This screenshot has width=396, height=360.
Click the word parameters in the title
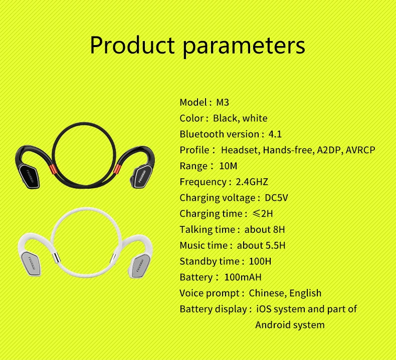pyautogui.click(x=244, y=47)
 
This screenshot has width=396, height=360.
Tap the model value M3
pyautogui.click(x=223, y=102)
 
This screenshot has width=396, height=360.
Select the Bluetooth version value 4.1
pyautogui.click(x=275, y=134)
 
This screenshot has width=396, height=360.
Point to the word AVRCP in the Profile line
pyautogui.click(x=360, y=150)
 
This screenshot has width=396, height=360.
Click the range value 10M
pyautogui.click(x=228, y=166)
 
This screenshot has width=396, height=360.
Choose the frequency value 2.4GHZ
pyautogui.click(x=252, y=182)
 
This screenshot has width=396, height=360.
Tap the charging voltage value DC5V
pyautogui.click(x=276, y=198)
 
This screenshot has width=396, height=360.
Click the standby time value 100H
pyautogui.click(x=260, y=261)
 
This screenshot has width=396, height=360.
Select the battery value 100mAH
pyautogui.click(x=243, y=277)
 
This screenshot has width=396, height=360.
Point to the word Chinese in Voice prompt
pyautogui.click(x=267, y=293)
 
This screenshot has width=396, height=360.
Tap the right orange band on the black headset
pyautogui.click(x=117, y=169)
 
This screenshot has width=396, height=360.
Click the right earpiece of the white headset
pyautogui.click(x=140, y=266)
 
